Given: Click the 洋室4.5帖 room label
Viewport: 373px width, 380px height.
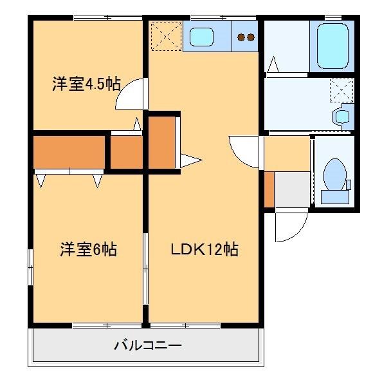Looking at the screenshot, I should tap(86, 85).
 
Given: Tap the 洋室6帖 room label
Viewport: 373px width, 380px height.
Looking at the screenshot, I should tap(89, 249).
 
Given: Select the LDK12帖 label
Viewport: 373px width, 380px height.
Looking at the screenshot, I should tap(204, 249).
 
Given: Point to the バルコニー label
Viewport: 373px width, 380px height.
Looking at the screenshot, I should tap(148, 346).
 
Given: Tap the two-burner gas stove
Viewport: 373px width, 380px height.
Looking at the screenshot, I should tap(245, 37).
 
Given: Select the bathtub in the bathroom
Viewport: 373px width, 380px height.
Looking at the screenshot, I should tap(332, 46).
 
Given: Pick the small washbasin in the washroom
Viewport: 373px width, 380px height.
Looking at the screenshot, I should tap(342, 116).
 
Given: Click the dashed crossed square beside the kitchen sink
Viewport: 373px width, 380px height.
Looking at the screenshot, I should tap(165, 36).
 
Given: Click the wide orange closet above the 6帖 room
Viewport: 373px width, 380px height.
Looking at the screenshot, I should tap(69, 152).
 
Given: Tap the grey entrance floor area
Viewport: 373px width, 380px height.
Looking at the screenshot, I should tap(293, 189).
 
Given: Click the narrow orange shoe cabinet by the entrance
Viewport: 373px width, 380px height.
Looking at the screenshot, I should tap(269, 189).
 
